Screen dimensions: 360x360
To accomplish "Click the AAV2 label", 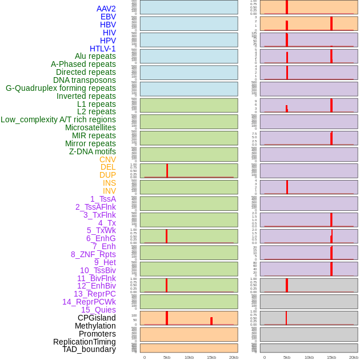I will click(106, 9).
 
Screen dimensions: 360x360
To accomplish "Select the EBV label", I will click(108, 17).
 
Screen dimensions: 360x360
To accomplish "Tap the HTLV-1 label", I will click(102, 49).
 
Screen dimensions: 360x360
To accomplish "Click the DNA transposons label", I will click(85, 80).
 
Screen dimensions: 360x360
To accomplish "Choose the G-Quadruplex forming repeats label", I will click(61, 88).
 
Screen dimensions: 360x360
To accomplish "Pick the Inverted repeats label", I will click(86, 96).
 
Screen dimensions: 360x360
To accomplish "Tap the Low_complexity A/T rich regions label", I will click(58, 119).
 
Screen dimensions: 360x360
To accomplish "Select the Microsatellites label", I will click(90, 127).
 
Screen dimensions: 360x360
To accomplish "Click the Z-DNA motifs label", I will click(92, 151).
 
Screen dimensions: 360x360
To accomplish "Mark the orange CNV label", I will click(107, 159).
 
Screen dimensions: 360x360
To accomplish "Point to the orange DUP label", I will click(107, 175).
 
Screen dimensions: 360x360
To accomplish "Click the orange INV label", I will click(109, 191).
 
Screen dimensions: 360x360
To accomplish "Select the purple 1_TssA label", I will click(103, 199).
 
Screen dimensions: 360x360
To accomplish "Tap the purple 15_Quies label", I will click(98, 310).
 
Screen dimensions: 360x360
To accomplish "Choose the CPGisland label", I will click(97, 318).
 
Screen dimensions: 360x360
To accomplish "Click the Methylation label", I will click(95, 326).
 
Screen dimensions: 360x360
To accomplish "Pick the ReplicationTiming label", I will click(84, 342).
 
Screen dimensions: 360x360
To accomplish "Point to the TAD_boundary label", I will click(89, 349).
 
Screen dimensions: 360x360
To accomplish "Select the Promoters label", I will click(97, 334).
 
